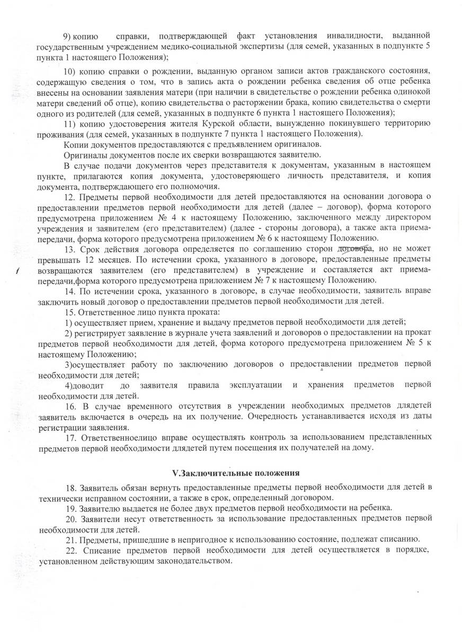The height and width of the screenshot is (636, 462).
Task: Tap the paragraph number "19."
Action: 70,507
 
